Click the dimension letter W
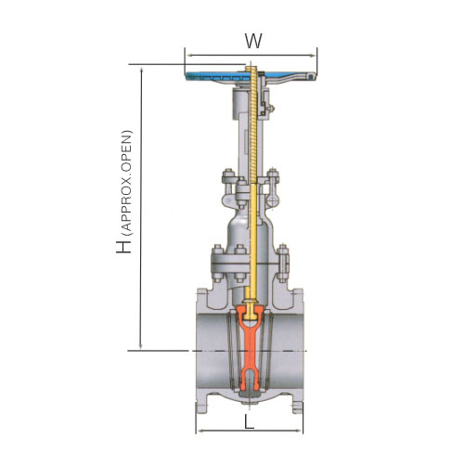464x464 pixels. [x=253, y=41]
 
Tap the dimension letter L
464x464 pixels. [x=250, y=421]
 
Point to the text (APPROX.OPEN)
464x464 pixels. [x=127, y=183]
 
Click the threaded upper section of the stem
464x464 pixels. [x=253, y=123]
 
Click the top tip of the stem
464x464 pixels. [x=251, y=64]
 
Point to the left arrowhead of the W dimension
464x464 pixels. [x=190, y=56]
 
